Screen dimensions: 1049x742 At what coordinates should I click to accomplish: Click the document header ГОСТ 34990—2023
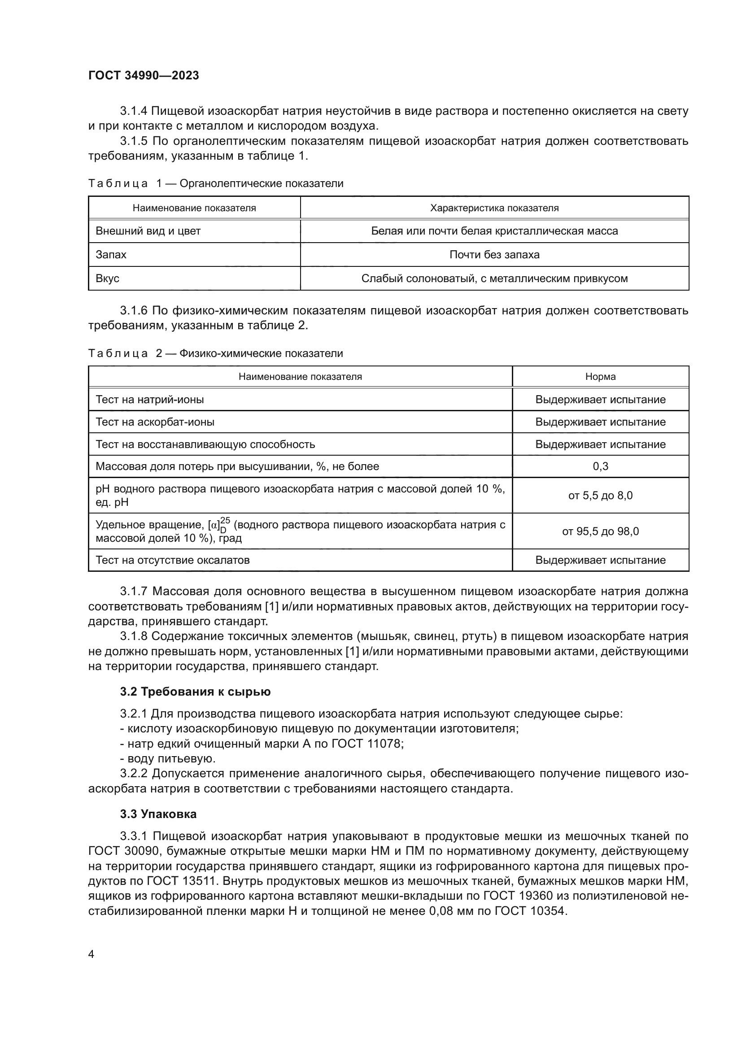click(144, 76)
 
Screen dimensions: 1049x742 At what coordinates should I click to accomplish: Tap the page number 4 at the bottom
click(92, 954)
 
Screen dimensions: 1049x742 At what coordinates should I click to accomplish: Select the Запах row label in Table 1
click(111, 254)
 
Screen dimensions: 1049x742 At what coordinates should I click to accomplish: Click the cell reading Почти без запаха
click(494, 254)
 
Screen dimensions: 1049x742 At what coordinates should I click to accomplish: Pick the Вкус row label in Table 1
click(107, 278)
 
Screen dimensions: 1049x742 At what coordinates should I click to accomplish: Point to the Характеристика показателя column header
click(494, 209)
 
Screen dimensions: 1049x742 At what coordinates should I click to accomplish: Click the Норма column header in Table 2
click(600, 376)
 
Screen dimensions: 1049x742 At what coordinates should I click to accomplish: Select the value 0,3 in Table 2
click(600, 466)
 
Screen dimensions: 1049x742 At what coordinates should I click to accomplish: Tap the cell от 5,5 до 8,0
click(600, 495)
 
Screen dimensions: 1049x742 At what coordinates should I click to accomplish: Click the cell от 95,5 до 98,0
click(600, 531)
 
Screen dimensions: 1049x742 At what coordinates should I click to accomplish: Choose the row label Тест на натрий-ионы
click(149, 399)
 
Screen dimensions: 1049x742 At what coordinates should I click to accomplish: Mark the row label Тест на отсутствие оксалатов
click(172, 560)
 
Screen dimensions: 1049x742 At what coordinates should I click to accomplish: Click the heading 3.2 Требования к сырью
click(195, 691)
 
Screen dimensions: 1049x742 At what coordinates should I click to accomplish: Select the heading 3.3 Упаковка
click(158, 814)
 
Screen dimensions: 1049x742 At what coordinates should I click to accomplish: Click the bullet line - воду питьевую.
click(168, 758)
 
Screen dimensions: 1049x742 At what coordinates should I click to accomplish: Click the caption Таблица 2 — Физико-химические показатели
click(215, 353)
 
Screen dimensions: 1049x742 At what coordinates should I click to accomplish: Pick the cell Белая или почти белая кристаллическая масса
click(494, 231)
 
